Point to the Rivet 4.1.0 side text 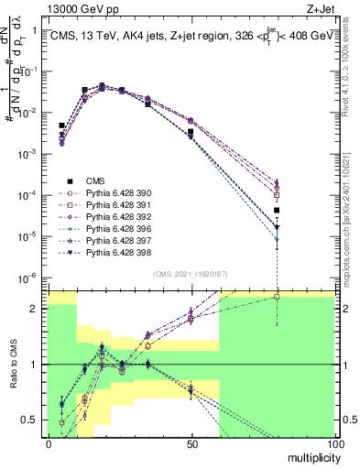[352, 73]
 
